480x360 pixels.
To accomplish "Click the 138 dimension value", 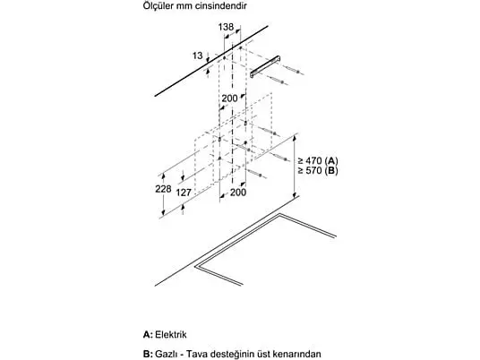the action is [226, 27].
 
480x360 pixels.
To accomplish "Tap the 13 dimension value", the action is [197, 56].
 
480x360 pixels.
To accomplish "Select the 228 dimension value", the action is [163, 189].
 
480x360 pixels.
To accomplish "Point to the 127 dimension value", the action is [184, 193].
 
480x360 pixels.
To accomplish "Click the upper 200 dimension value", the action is [229, 99].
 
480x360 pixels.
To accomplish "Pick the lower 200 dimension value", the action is [238, 193].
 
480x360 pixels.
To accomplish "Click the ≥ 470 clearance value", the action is [310, 160].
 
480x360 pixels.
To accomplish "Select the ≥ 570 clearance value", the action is [310, 170].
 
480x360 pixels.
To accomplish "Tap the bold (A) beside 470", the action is [331, 161].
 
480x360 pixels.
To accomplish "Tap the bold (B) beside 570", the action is [331, 171].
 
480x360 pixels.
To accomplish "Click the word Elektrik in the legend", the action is [171, 334].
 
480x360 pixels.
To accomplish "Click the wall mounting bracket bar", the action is [265, 66].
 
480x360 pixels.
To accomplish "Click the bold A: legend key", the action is [148, 334].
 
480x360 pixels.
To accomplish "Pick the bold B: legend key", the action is [148, 354].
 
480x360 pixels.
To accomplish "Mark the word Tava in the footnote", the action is [195, 354].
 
